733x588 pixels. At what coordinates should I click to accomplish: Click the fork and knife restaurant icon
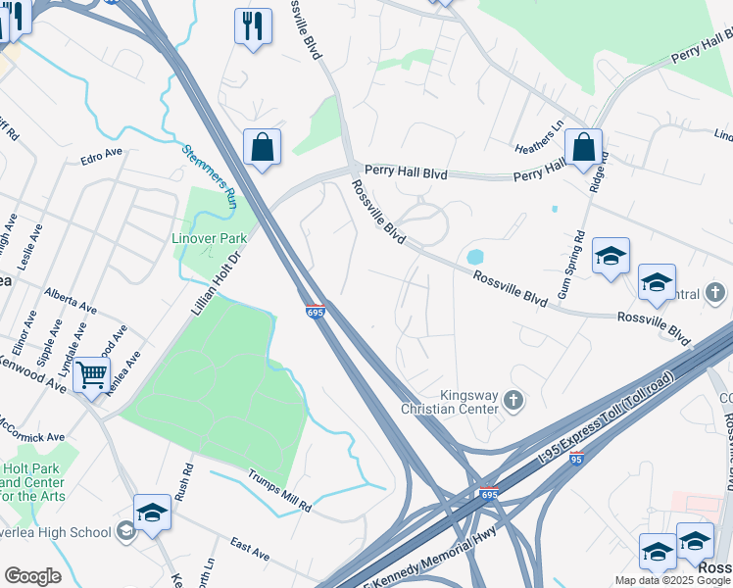pyautogui.click(x=253, y=26)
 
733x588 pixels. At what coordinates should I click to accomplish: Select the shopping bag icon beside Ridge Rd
pyautogui.click(x=583, y=148)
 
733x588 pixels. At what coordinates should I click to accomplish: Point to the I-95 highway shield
pyautogui.click(x=576, y=458)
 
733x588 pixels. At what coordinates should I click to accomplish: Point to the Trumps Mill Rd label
pyautogui.click(x=278, y=492)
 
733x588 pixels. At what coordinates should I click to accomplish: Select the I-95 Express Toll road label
pyautogui.click(x=607, y=416)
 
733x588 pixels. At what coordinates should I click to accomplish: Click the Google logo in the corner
pyautogui.click(x=32, y=576)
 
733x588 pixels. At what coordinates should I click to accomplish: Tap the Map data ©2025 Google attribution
pyautogui.click(x=672, y=580)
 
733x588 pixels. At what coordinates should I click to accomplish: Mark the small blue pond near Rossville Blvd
pyautogui.click(x=475, y=257)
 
